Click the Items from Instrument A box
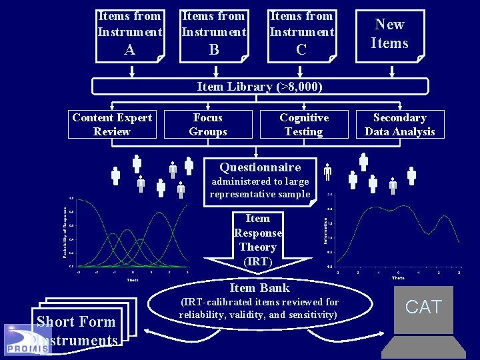[x=130, y=35]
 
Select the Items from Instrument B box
[x=214, y=35]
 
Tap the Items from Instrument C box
[x=301, y=35]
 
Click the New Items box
[x=389, y=35]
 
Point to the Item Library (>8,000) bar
[x=260, y=87]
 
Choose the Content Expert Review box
[x=112, y=125]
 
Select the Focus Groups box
[x=208, y=125]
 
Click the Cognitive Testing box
[x=304, y=125]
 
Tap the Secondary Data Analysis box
[x=399, y=125]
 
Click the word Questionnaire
[x=260, y=167]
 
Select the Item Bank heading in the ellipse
[x=259, y=288]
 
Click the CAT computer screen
[x=423, y=308]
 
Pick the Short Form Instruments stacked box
[x=77, y=327]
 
